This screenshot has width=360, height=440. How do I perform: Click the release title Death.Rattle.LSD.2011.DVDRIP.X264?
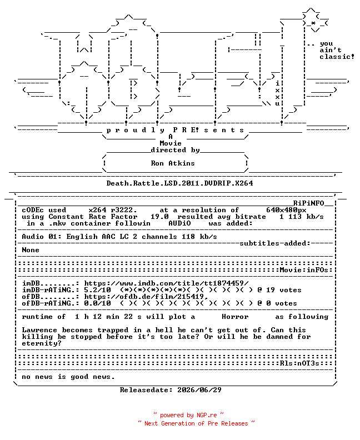coord(179,183)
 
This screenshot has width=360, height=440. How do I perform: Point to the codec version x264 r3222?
coord(113,210)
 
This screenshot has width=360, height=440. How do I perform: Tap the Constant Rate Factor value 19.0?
coord(159,217)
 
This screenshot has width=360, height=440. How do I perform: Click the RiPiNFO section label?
coord(309,203)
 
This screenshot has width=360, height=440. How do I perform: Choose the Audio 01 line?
coord(119,237)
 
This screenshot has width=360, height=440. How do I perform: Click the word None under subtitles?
coord(31,250)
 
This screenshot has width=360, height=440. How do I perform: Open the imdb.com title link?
coord(167,283)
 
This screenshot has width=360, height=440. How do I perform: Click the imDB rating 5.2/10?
coord(97,290)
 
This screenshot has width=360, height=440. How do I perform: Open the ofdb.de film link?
coord(146,297)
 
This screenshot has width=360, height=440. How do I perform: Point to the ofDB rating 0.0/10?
coord(97,303)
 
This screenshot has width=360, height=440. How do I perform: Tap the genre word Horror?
coord(235,317)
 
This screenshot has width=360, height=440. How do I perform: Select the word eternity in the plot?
coord(42,343)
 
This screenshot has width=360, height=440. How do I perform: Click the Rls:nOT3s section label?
coord(299,363)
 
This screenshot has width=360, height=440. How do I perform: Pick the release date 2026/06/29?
coord(199,390)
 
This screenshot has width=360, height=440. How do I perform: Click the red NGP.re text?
coord(207,416)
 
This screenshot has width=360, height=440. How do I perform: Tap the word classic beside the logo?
coord(335,57)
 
